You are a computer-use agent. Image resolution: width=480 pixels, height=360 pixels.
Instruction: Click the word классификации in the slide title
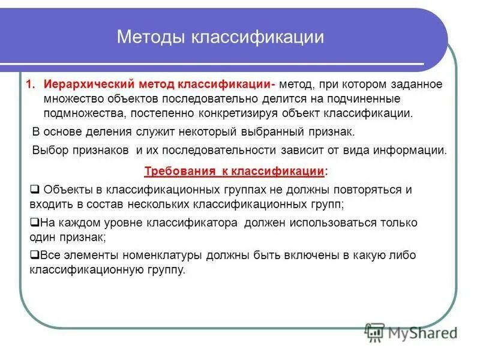(257, 37)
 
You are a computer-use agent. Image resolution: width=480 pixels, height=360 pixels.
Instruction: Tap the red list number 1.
(29, 84)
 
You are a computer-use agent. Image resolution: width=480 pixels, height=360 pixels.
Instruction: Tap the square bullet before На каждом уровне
(34, 223)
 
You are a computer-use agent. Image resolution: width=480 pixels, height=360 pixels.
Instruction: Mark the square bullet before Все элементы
(34, 255)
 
